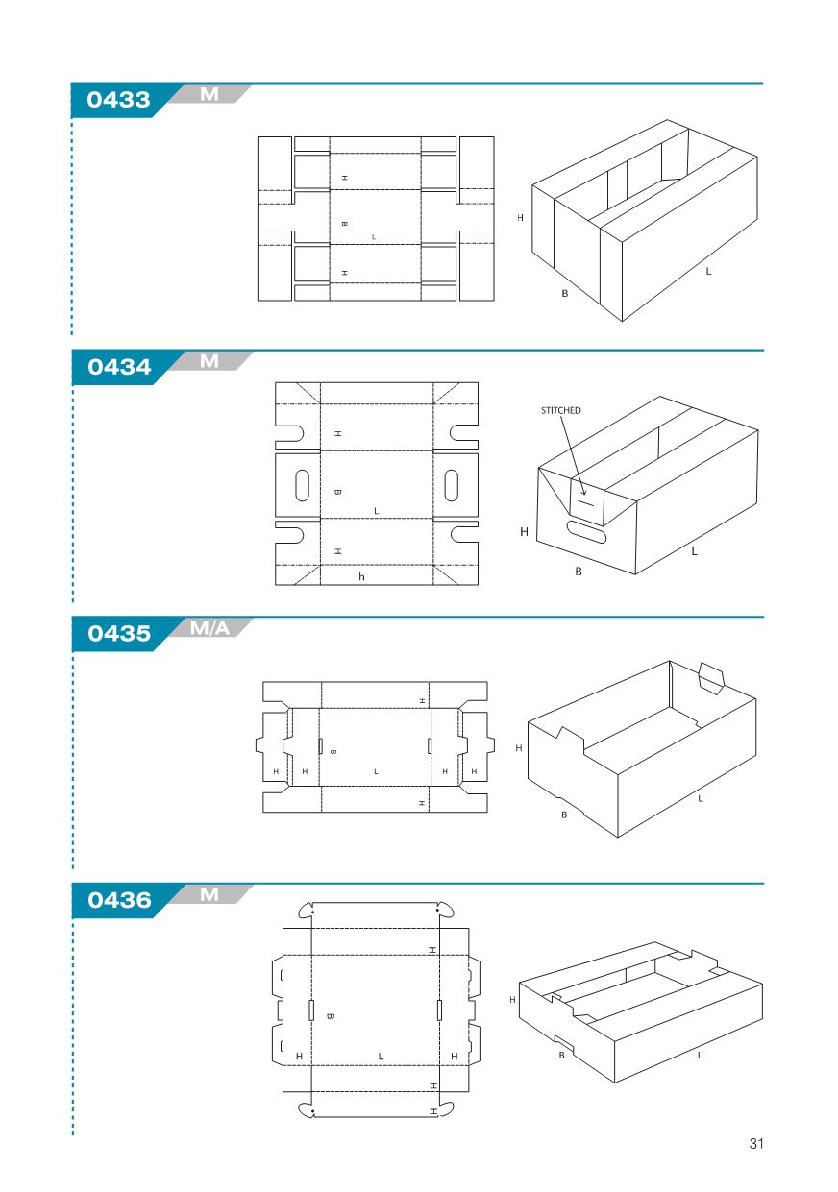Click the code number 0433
click(x=118, y=100)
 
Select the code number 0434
click(x=119, y=367)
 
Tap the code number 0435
click(x=119, y=633)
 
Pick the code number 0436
click(x=119, y=900)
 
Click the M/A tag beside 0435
click(x=209, y=628)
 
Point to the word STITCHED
click(x=560, y=410)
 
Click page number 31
click(x=756, y=1143)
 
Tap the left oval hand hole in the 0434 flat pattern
click(x=302, y=485)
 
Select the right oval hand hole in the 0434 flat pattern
click(x=451, y=485)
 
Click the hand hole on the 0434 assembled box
click(x=586, y=532)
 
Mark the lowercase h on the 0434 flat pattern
click(x=361, y=577)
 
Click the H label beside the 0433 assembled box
click(x=520, y=218)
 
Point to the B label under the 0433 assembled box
click(x=565, y=293)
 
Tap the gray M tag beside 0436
click(x=209, y=894)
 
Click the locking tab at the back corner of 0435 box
click(x=711, y=678)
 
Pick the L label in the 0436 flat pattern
click(x=381, y=1057)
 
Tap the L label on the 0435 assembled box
click(x=701, y=799)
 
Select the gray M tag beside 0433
click(x=209, y=94)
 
